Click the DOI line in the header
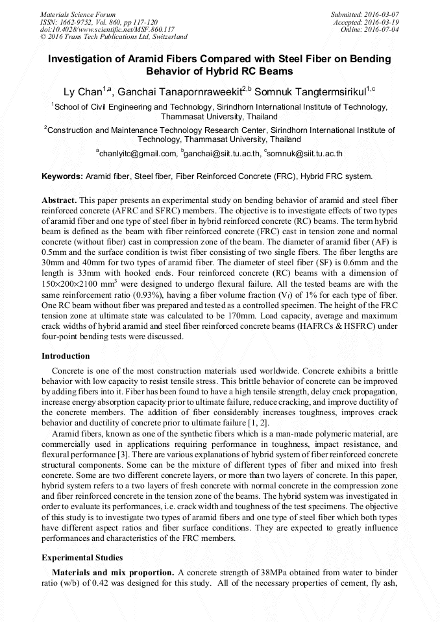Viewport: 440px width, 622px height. (107, 29)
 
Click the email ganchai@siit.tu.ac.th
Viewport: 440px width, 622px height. (221, 154)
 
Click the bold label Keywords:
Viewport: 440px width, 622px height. (62, 176)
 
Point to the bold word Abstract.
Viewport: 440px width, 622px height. (60, 201)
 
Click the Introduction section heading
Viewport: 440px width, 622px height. (66, 356)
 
